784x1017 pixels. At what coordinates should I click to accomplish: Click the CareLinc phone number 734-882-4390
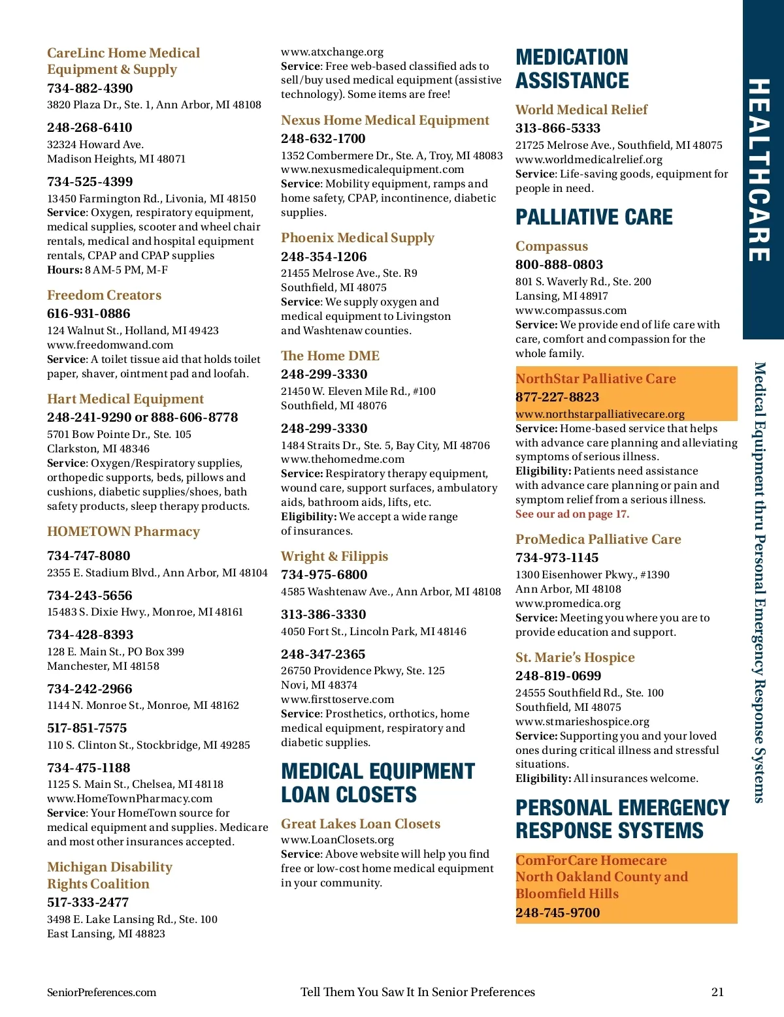point(90,88)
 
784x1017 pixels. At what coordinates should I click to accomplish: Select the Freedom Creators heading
point(104,295)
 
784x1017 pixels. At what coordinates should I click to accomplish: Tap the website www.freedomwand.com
point(110,345)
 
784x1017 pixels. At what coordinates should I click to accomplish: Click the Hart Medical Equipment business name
point(125,399)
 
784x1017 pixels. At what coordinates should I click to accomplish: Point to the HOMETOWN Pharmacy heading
point(123,531)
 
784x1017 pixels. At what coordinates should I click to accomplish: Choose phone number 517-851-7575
point(87,728)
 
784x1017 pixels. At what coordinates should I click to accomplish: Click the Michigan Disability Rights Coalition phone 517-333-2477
point(88,902)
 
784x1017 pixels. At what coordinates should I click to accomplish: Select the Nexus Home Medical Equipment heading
point(385,120)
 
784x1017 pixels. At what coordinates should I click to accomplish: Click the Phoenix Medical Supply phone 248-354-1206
point(323,257)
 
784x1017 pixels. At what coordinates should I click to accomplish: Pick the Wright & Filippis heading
point(334,556)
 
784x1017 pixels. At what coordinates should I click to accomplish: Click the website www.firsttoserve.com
point(337,699)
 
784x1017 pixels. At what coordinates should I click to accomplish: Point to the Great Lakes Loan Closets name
point(360,824)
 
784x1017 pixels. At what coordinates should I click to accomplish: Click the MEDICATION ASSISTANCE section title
point(572,69)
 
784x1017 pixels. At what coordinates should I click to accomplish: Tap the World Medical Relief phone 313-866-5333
point(557,128)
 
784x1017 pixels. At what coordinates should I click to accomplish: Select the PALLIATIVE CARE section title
point(593,217)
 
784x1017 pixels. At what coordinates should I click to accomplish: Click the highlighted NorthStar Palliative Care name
point(595,379)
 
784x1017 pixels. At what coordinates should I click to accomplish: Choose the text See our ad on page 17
point(572,514)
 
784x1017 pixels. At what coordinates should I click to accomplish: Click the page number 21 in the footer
point(717,992)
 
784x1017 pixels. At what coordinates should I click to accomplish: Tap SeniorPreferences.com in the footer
point(101,992)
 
